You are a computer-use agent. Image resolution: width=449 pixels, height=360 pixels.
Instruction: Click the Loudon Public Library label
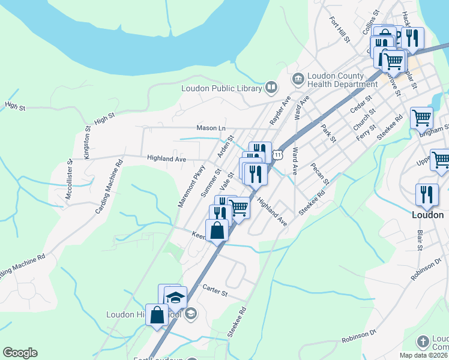tap(222, 88)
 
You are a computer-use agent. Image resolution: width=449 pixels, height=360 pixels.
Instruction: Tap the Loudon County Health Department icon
tap(298, 78)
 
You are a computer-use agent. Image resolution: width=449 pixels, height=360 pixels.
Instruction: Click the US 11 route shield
tap(277, 155)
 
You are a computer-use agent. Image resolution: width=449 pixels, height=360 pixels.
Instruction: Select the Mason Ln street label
tap(211, 128)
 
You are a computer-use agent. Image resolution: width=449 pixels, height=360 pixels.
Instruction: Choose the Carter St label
tap(215, 293)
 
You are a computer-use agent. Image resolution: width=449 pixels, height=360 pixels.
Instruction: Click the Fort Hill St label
tap(339, 29)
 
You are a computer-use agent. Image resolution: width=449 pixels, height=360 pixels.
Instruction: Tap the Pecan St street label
tap(321, 173)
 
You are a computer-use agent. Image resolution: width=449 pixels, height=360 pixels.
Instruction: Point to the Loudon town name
tap(427, 214)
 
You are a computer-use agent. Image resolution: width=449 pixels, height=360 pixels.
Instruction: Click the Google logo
tap(20, 353)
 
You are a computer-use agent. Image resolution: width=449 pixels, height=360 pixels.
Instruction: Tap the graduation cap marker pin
tap(175, 298)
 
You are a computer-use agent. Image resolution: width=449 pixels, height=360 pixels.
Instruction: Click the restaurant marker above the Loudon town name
tap(427, 194)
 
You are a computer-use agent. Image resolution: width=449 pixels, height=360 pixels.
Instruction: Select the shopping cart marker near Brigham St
tap(421, 118)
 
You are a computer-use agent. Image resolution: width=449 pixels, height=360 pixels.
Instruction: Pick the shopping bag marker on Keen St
tap(217, 230)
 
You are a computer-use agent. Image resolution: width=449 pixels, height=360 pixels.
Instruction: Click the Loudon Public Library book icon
tap(271, 88)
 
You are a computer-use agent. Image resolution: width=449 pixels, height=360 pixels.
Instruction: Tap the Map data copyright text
tap(423, 355)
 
